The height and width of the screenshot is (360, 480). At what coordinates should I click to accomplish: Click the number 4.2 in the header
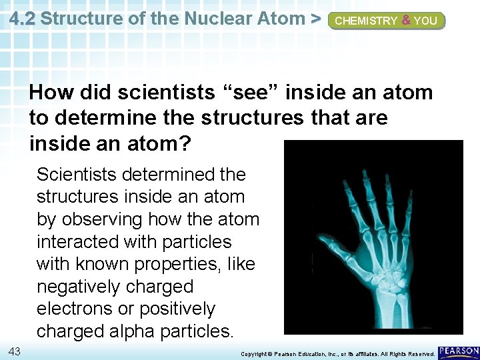coord(24,19)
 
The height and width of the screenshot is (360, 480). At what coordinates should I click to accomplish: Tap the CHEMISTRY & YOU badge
coord(386,21)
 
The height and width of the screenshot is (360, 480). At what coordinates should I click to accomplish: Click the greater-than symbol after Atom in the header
coord(316,19)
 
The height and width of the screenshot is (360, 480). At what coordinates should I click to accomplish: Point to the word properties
coord(179,264)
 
